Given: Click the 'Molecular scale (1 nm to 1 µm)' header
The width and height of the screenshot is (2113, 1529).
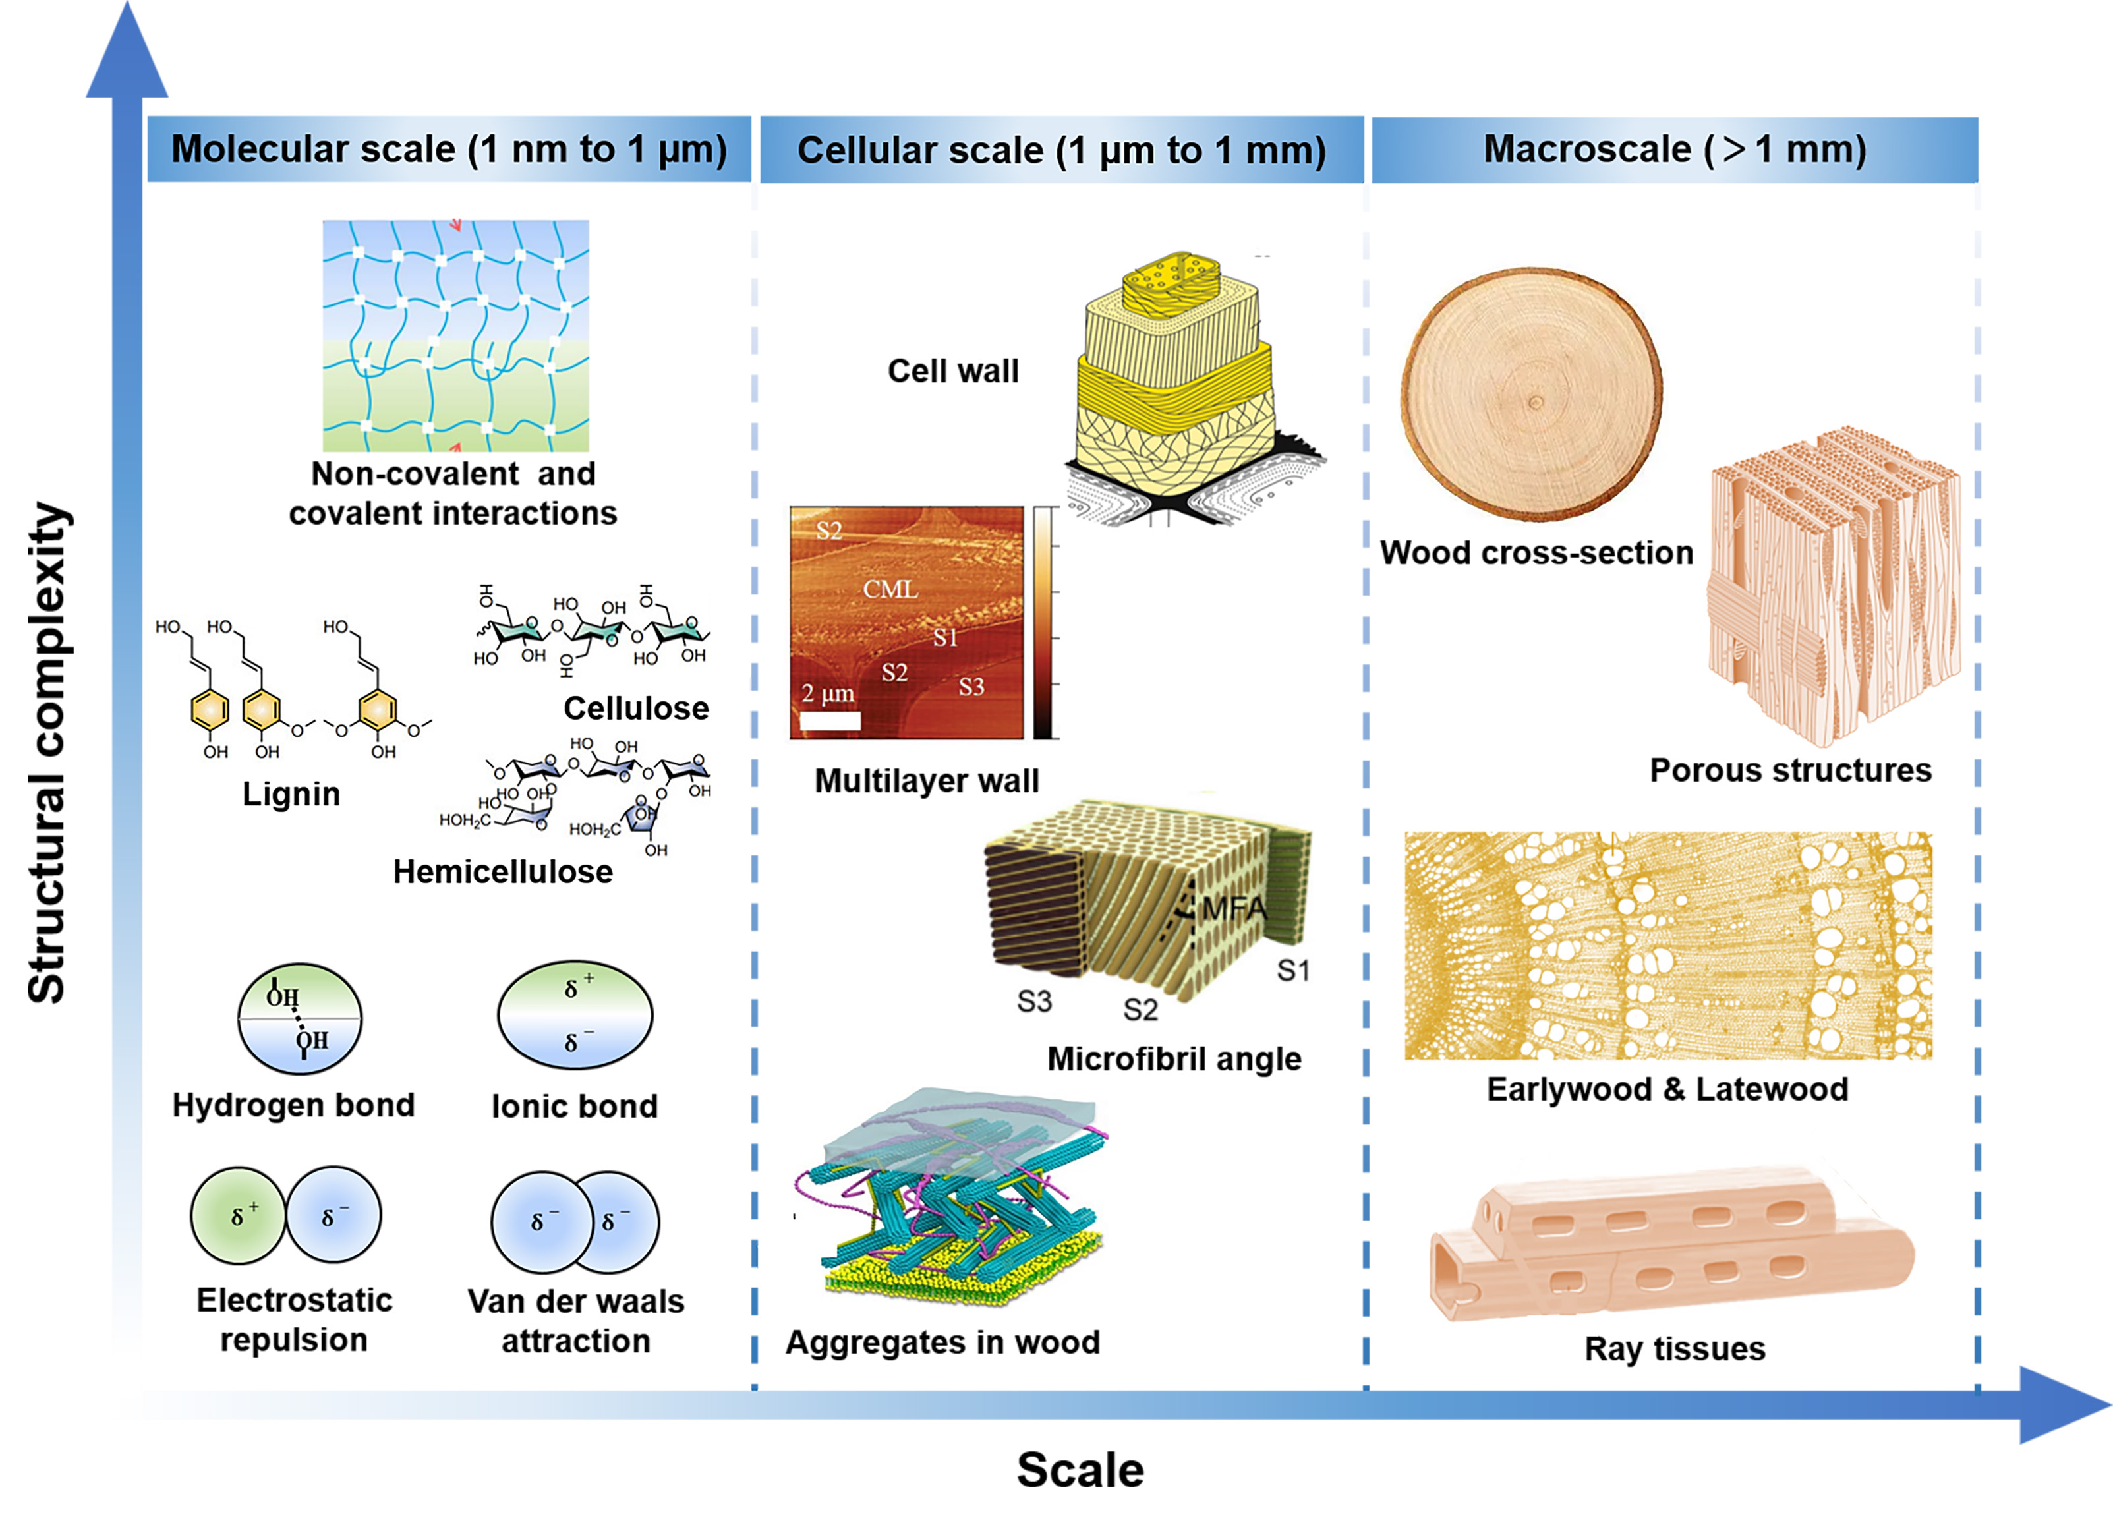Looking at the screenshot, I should pos(448,149).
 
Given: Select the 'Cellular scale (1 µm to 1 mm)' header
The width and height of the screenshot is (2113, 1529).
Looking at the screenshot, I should pos(1061,150).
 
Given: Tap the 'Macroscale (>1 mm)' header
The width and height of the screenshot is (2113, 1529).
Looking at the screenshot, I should pos(1674,149).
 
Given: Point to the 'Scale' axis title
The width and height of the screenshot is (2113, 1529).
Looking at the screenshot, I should pos(1080,1470).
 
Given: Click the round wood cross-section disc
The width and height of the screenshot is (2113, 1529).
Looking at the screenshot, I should pos(1531,393).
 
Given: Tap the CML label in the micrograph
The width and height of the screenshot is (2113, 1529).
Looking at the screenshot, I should pos(890,589).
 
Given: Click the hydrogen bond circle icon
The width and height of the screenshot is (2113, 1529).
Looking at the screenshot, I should pos(299,1018).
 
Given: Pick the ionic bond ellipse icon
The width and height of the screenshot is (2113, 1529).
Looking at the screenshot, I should pos(575,1015).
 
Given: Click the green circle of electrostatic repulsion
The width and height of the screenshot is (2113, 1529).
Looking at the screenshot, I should pos(239,1215).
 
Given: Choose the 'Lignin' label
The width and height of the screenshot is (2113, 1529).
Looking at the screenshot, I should pos(291,794).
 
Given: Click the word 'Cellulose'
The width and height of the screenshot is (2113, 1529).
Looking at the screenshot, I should pos(636,708).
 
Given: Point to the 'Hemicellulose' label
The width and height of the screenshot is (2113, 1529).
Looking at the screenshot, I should pos(503,871).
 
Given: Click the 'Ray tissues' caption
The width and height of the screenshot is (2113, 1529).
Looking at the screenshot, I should pos(1674,1348).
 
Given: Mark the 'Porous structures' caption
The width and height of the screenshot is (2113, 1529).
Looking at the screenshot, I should pos(1789,770).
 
